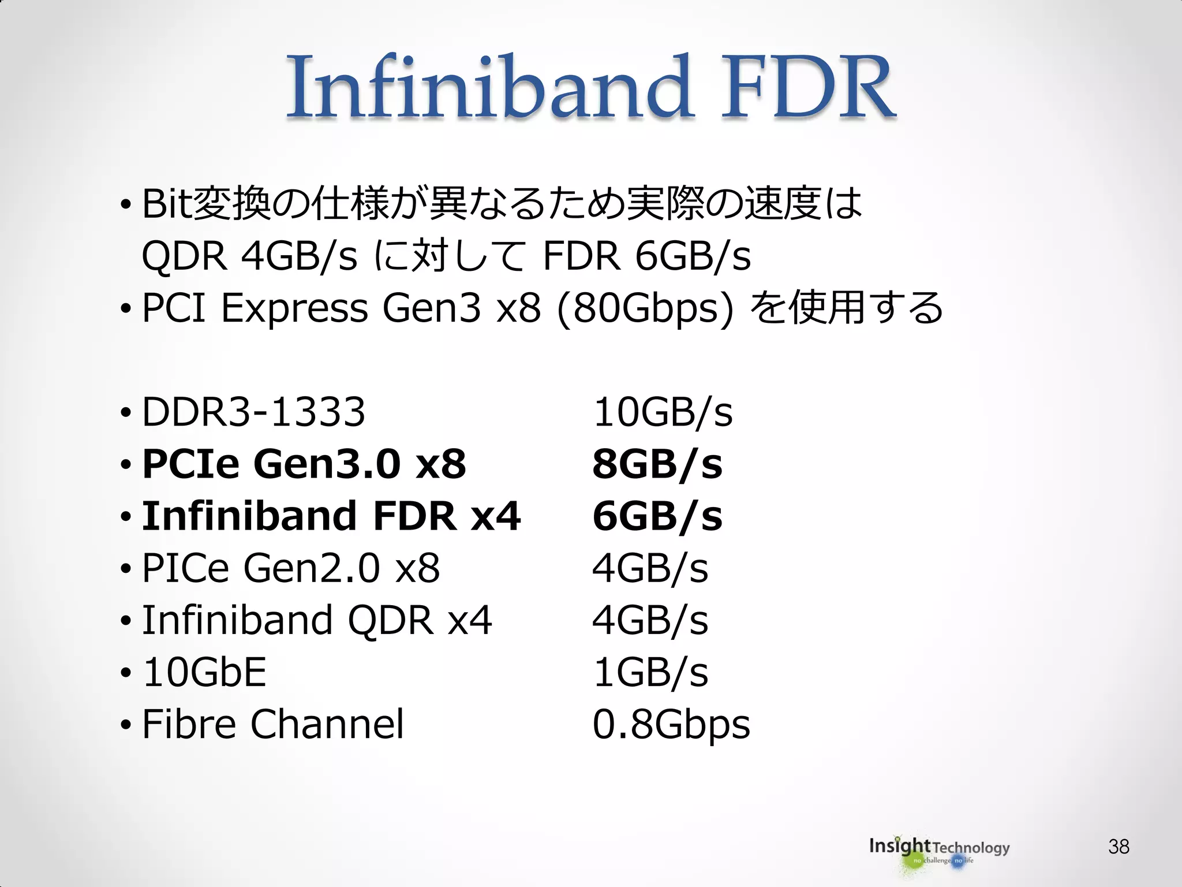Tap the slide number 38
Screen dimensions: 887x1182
1119,847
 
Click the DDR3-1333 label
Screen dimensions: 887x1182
253,412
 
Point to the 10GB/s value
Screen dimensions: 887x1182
663,412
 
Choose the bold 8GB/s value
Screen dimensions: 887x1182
657,464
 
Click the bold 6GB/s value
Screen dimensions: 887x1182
657,516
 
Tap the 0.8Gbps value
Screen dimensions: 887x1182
671,725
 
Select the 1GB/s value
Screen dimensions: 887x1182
650,672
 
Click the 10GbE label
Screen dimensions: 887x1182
204,672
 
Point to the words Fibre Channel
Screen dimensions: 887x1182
273,724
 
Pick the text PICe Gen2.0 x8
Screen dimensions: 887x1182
291,568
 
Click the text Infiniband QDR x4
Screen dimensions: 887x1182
317,620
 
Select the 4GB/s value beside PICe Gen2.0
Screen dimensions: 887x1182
650,568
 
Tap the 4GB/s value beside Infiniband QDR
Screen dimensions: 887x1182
650,620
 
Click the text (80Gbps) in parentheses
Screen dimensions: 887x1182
645,308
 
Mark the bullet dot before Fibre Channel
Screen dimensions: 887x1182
126,725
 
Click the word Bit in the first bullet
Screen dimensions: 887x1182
167,204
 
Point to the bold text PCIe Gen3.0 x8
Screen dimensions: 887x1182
304,464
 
